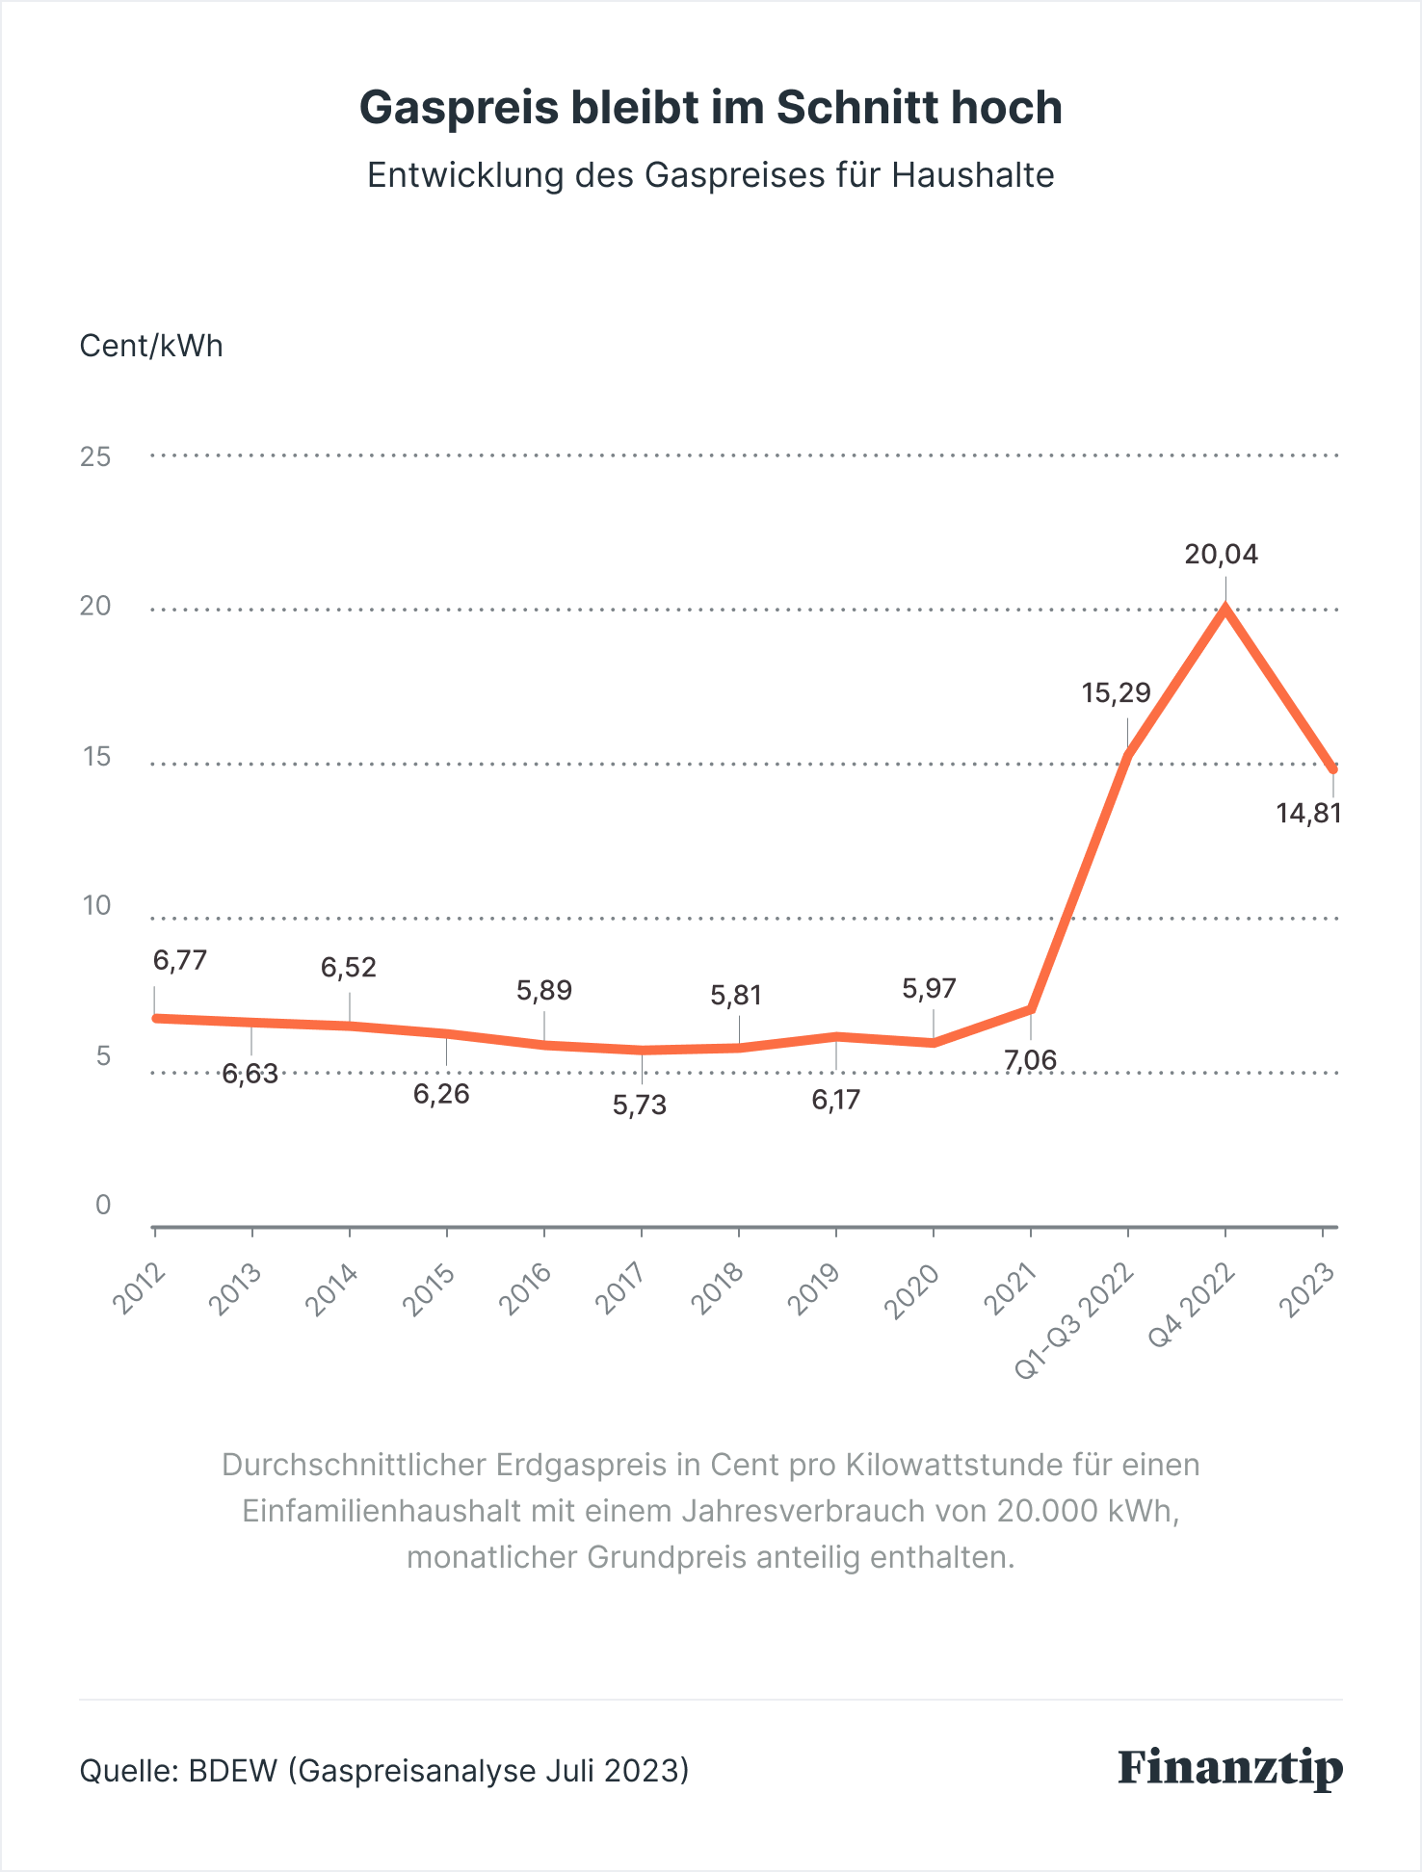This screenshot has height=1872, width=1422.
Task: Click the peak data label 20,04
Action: pos(1221,555)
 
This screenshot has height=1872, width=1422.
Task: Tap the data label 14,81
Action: pos(1308,814)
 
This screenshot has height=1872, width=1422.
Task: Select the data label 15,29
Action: pos(1116,693)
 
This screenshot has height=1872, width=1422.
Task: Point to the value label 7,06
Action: pos(1030,1061)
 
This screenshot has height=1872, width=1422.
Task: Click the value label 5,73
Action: pos(640,1105)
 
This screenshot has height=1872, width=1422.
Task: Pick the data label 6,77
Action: pos(180,960)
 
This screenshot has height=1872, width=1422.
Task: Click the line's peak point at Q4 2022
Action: pos(1224,609)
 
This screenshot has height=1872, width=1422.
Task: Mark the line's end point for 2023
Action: pos(1332,768)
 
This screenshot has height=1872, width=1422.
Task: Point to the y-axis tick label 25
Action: pos(95,457)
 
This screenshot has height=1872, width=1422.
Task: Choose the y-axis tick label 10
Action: pos(95,906)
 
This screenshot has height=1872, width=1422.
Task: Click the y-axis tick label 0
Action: pos(103,1205)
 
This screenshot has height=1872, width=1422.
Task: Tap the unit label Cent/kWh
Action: pos(151,347)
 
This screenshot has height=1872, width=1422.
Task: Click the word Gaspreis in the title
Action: pos(459,108)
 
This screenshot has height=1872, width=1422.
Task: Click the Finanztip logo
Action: pos(1230,1769)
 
